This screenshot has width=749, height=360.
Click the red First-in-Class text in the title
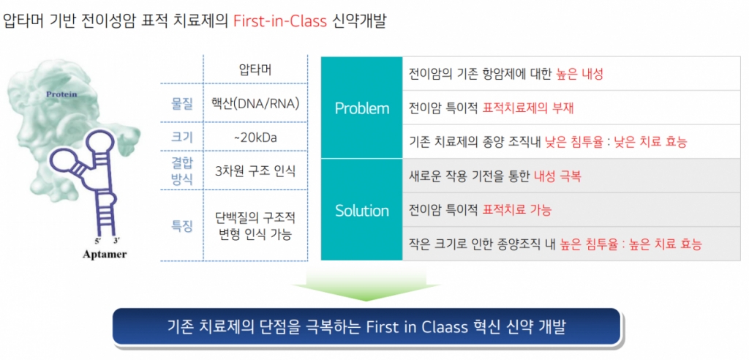pos(280,21)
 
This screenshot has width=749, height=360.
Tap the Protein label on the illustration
pos(61,94)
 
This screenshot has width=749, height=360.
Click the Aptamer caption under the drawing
pos(105,255)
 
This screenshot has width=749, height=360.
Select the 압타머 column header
pos(255,70)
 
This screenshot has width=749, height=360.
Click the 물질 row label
pos(182,104)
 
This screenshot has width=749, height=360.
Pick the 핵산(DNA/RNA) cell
pos(255,104)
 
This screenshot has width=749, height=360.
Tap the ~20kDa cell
pos(255,138)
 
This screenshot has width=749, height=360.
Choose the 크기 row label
pos(182,138)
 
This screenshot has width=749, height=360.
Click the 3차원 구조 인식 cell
pos(255,171)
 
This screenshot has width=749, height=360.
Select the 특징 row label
pos(182,225)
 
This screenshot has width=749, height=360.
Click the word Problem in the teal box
pos(362,108)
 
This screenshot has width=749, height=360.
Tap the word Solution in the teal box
pos(362,211)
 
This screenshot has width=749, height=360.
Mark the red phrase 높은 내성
pos(580,74)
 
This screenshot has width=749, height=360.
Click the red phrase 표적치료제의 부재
pos(528,108)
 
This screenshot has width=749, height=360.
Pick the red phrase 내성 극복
pos(557,176)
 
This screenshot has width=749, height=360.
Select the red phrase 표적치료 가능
pos(517,210)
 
